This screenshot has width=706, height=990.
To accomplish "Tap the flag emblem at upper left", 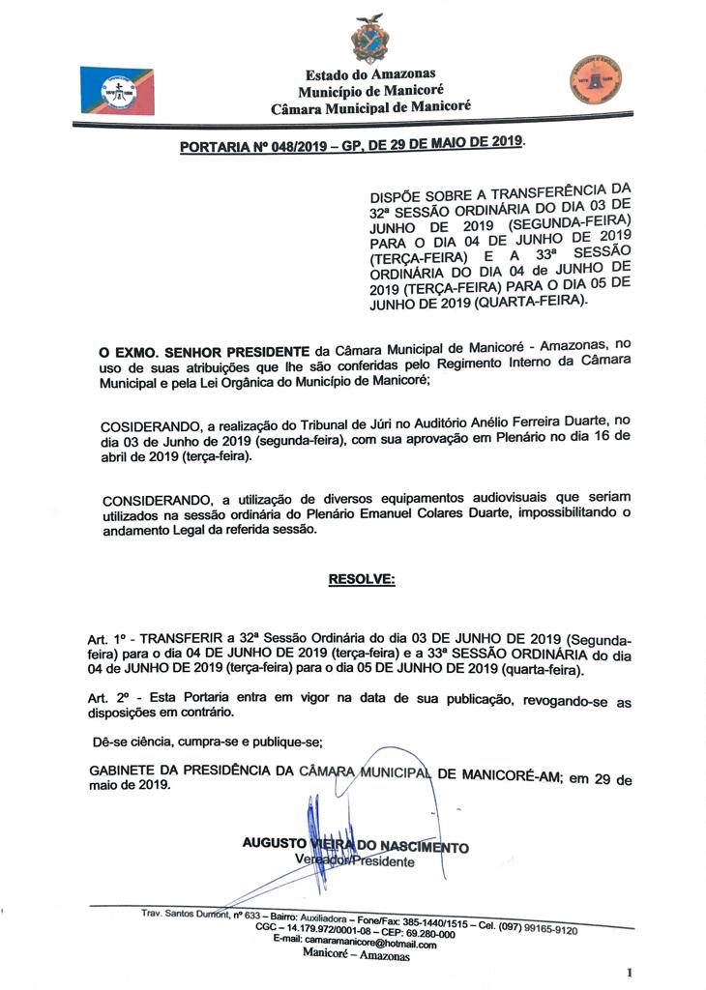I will [116, 91].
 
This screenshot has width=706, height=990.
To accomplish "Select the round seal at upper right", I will [596, 79].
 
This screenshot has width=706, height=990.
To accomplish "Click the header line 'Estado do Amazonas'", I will [370, 73].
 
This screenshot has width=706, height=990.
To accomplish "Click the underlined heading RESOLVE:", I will [362, 579].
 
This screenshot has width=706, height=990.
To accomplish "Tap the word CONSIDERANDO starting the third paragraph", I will [155, 499].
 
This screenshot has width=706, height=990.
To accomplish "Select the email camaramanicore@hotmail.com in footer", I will [368, 945].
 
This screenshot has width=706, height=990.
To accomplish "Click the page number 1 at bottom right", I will [629, 972].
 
